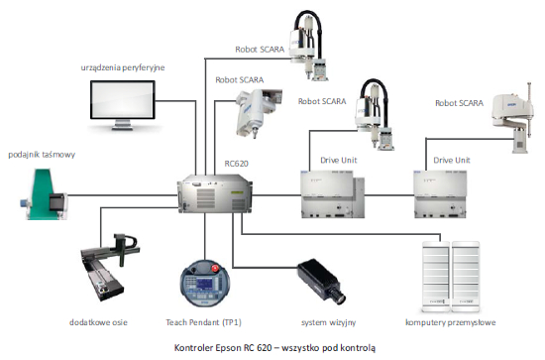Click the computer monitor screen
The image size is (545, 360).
[x=123, y=100]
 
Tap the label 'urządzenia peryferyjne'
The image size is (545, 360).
[x=123, y=67]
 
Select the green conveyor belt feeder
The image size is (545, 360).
[x=43, y=194]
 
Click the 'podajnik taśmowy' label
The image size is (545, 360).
[x=42, y=155]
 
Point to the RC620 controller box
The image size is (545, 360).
[x=215, y=193]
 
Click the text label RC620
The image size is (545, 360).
[x=237, y=164]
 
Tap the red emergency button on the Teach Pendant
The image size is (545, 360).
[x=215, y=268]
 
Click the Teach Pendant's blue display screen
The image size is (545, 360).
[x=204, y=284]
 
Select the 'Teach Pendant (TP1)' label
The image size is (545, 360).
[x=204, y=322]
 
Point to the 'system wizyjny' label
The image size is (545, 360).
[x=328, y=322]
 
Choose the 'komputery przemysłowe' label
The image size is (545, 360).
[x=451, y=322]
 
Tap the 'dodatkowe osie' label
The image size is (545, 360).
[x=98, y=322]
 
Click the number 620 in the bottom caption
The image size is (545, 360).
[x=265, y=347]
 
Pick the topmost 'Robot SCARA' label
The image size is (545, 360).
[x=260, y=50]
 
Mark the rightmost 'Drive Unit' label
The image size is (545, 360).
[x=452, y=160]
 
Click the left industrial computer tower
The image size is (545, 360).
[x=436, y=277]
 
